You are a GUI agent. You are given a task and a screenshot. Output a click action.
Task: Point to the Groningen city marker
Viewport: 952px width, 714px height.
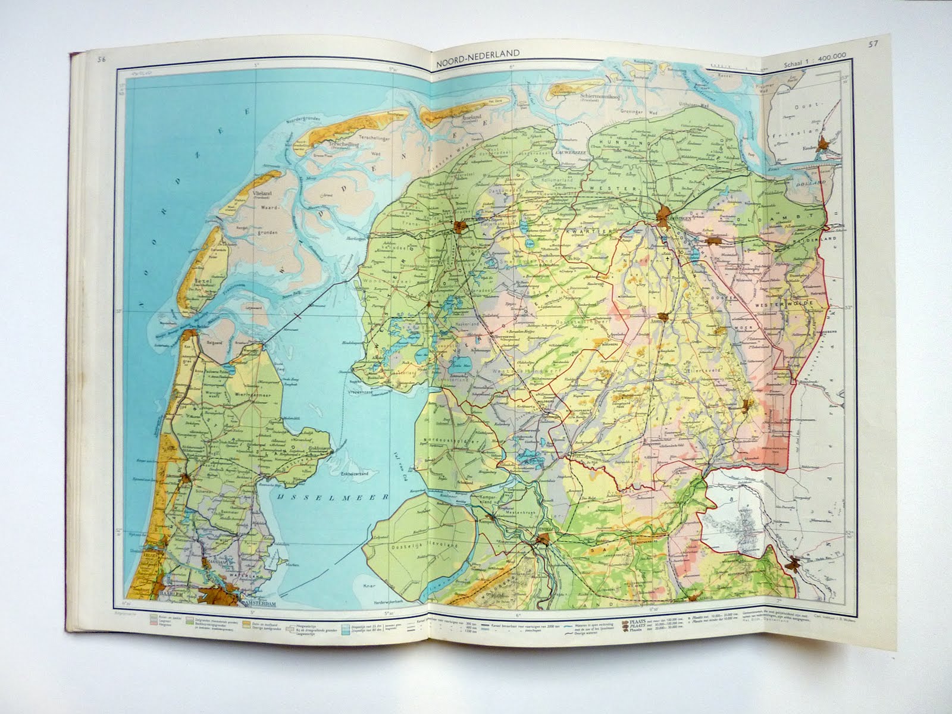click(665, 214)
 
